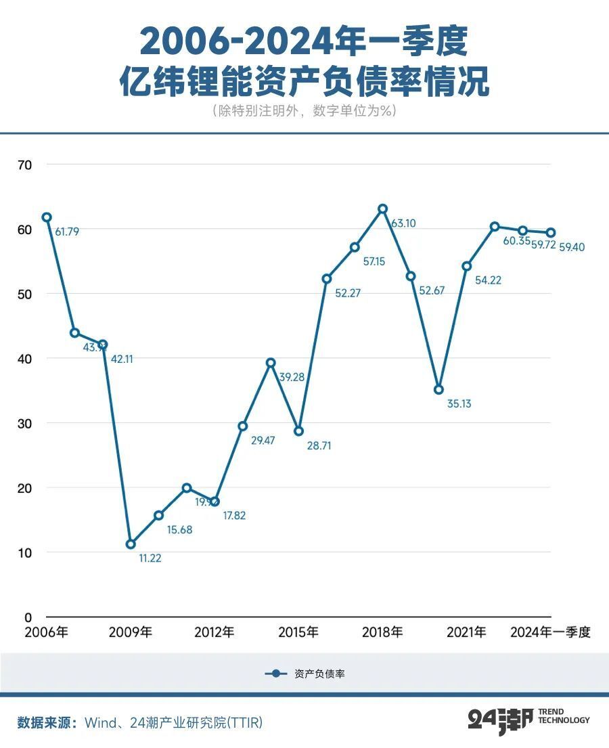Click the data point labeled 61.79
47,217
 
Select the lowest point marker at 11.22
131,544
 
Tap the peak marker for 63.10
382,208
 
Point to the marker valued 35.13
438,390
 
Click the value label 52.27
348,293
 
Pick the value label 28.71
319,446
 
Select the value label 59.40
572,247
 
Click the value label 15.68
179,530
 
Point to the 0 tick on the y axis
28,617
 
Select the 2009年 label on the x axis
131,633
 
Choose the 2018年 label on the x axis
382,633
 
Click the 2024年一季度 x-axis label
550,633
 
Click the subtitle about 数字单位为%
304,111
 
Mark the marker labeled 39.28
271,363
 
